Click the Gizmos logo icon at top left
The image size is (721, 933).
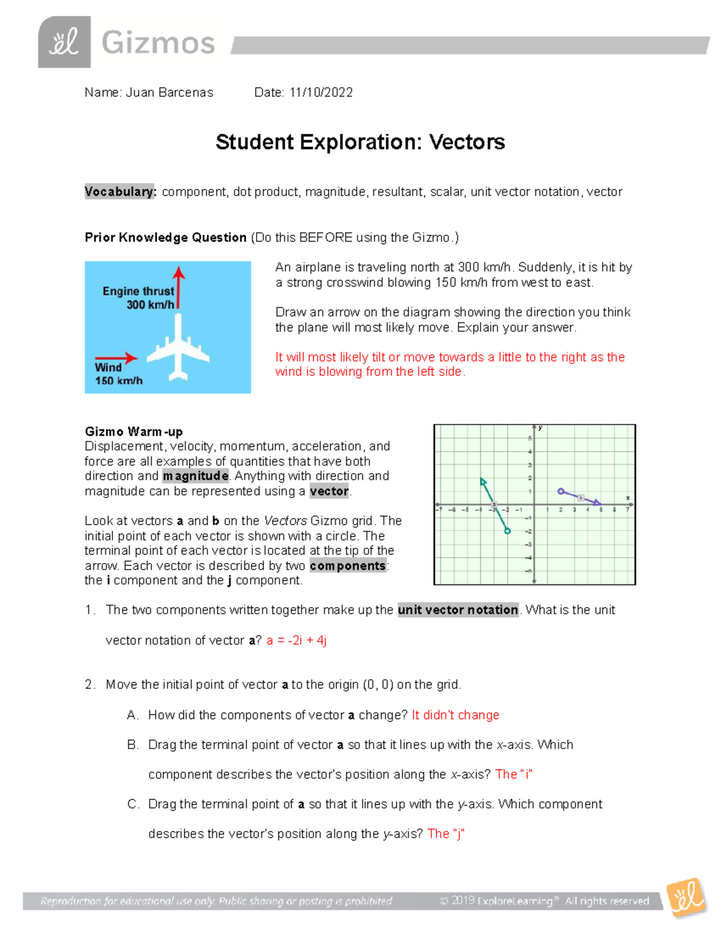[64, 42]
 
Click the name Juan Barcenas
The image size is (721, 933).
[169, 93]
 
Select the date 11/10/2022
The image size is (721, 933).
[321, 93]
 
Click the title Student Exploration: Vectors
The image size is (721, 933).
[360, 142]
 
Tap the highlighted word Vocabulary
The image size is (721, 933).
[120, 192]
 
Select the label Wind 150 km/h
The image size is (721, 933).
[118, 374]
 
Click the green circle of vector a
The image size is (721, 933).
[508, 531]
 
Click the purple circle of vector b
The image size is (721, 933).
[561, 491]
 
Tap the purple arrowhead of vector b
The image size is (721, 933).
[598, 503]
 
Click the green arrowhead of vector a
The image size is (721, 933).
[482, 481]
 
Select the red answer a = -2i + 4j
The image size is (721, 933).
[296, 640]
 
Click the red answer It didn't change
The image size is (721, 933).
[455, 715]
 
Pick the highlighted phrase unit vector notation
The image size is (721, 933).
[458, 610]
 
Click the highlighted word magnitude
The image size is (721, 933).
[196, 476]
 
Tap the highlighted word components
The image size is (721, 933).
[348, 565]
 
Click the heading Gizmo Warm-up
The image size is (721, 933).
[133, 431]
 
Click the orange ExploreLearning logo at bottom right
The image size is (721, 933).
[686, 898]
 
